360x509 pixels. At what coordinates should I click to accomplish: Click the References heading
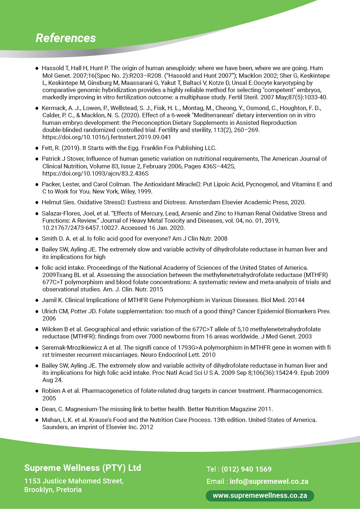tap(66, 38)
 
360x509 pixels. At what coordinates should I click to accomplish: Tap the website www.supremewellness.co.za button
tap(260, 496)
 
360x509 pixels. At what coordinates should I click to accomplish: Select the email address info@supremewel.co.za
tap(269, 481)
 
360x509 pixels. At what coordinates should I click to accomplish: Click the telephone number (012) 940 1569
tap(246, 469)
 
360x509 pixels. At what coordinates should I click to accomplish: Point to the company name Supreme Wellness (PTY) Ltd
tap(82, 468)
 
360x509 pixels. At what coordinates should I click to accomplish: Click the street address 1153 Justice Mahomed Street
tap(74, 481)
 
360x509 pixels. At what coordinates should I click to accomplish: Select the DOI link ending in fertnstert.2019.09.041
tap(107, 137)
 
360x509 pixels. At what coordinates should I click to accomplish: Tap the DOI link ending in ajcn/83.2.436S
tap(95, 173)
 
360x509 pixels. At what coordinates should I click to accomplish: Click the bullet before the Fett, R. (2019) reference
tap(37, 148)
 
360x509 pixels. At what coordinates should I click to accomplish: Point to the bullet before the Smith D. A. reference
tap(37, 239)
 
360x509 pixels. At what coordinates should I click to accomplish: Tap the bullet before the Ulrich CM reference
tap(37, 312)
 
